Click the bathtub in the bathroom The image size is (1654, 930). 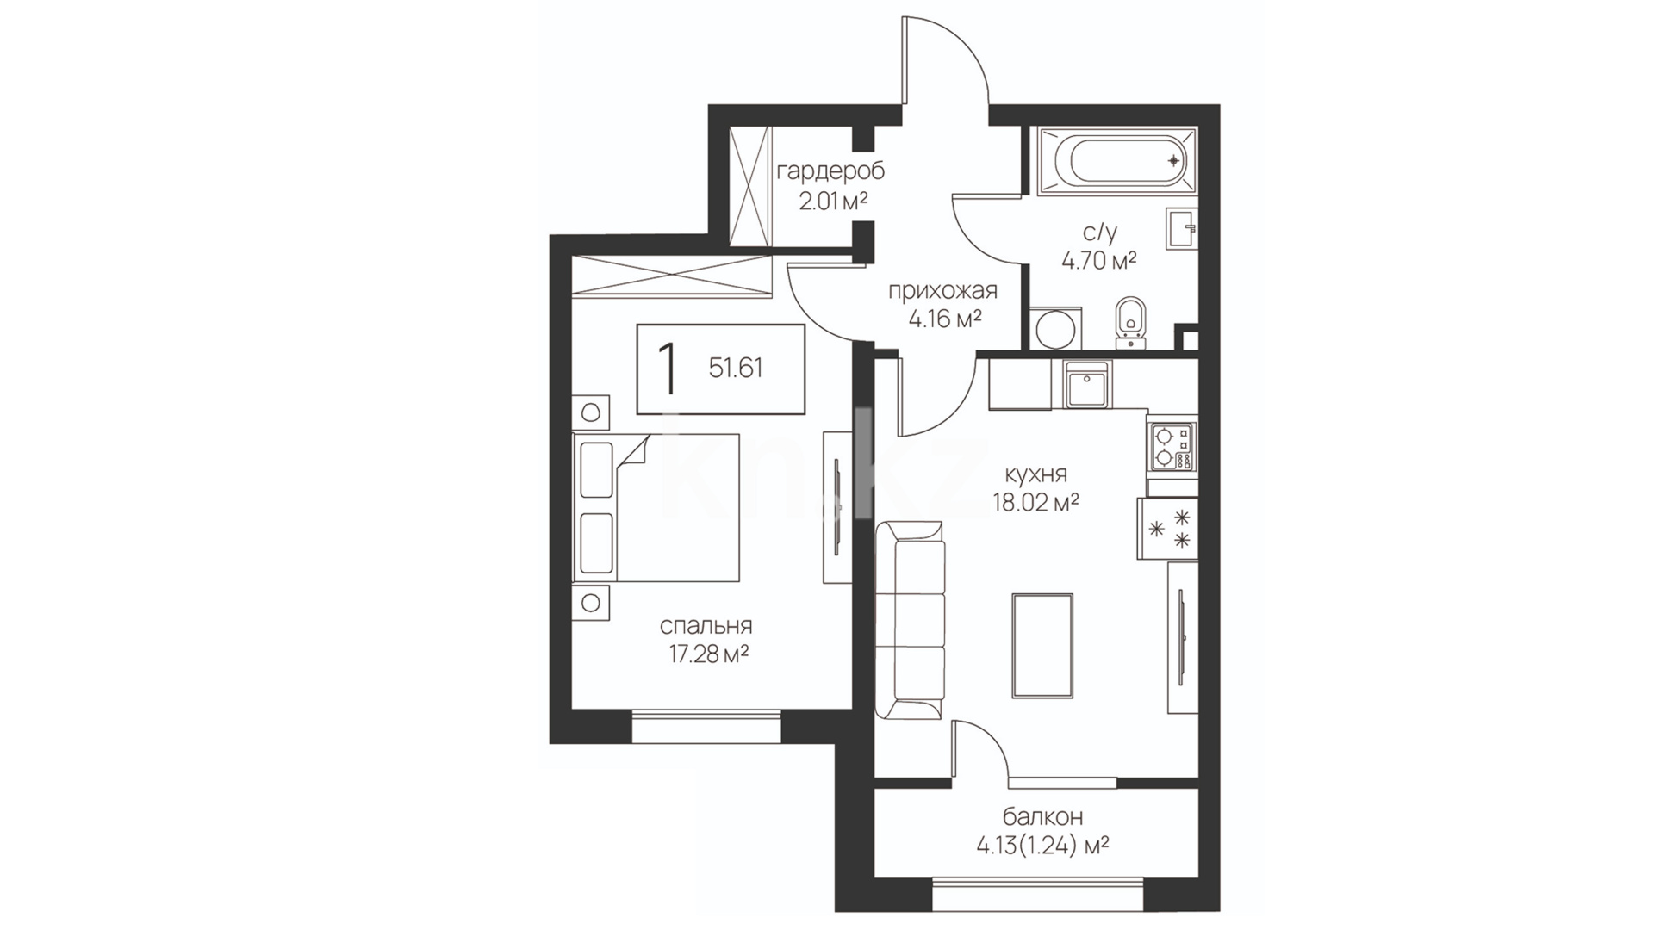1116,161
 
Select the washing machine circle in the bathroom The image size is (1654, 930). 1053,328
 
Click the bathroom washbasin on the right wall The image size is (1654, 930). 1181,228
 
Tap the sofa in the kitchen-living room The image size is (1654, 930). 911,619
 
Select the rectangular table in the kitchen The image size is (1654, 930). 1042,646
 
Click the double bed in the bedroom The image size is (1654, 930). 656,508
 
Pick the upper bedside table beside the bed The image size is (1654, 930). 591,412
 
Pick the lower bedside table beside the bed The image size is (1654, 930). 591,603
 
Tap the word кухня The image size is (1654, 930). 1035,474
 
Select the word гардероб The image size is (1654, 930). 830,171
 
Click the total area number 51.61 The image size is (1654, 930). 736,369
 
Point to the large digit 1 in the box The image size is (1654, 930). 666,368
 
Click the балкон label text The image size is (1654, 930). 1042,815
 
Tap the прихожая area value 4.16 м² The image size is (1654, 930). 946,319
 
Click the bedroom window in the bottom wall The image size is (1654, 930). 706,726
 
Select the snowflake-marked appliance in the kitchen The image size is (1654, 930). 1167,528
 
